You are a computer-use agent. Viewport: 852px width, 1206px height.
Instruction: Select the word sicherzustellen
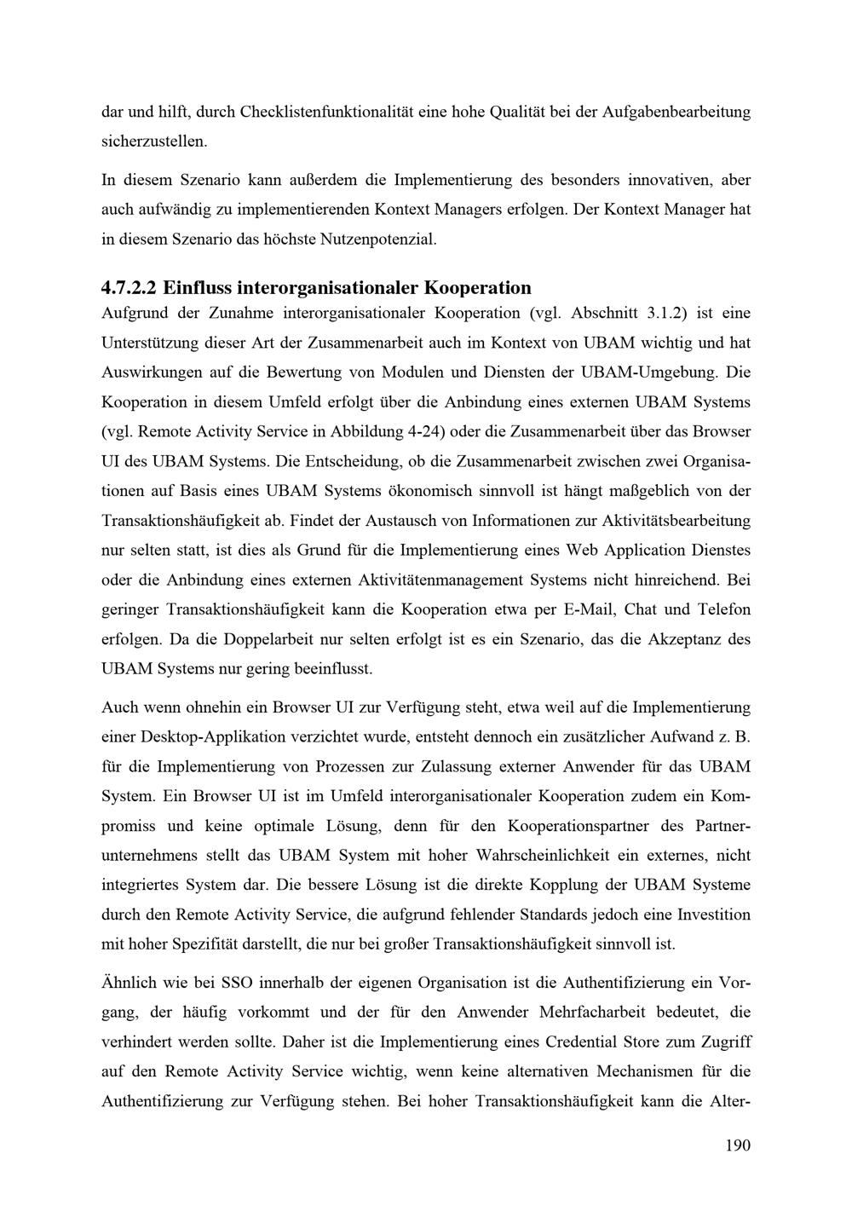(x=154, y=141)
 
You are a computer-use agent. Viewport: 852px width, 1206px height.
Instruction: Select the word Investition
(x=714, y=915)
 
